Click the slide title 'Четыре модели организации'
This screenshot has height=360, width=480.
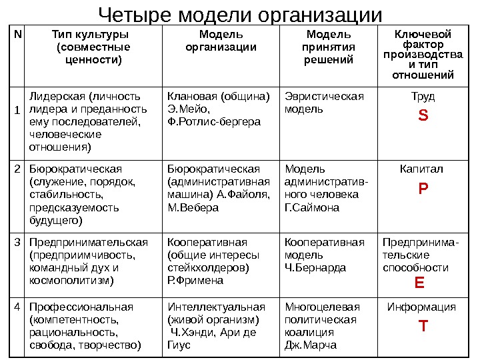click(240, 14)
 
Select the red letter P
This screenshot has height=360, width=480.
click(423, 189)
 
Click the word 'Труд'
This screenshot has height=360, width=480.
click(423, 97)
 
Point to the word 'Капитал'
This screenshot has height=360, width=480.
click(423, 169)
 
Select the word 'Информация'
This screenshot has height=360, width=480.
click(423, 307)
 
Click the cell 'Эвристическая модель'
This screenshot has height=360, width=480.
click(325, 103)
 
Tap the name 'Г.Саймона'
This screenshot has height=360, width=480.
click(312, 207)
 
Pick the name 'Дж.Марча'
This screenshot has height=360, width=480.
click(310, 345)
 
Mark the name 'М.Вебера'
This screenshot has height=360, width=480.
click(193, 207)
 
